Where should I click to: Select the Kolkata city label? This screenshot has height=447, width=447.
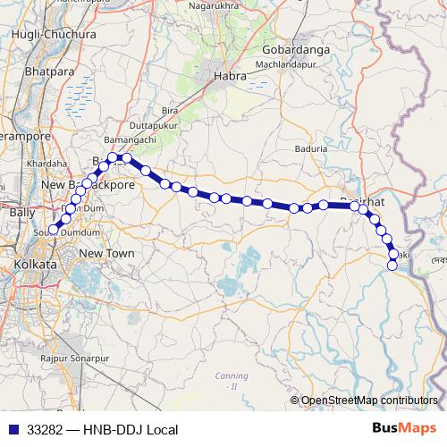pos(35,266)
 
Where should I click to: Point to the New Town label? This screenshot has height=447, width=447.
pos(106,254)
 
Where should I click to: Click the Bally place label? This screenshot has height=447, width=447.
pos(21,213)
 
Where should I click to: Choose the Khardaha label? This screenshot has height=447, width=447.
pos(47,164)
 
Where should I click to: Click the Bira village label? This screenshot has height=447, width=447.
pos(169,109)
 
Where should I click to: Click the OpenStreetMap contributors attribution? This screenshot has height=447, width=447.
pos(369,400)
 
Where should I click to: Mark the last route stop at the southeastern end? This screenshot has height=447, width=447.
pos(392,265)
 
